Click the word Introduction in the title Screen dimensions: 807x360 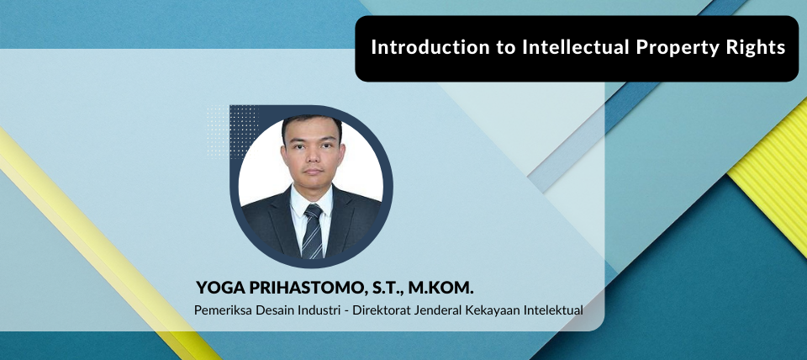click(430, 47)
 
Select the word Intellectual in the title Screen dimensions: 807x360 click(577, 47)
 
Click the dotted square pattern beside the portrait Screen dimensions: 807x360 click(232, 132)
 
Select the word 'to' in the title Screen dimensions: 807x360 click(506, 48)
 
